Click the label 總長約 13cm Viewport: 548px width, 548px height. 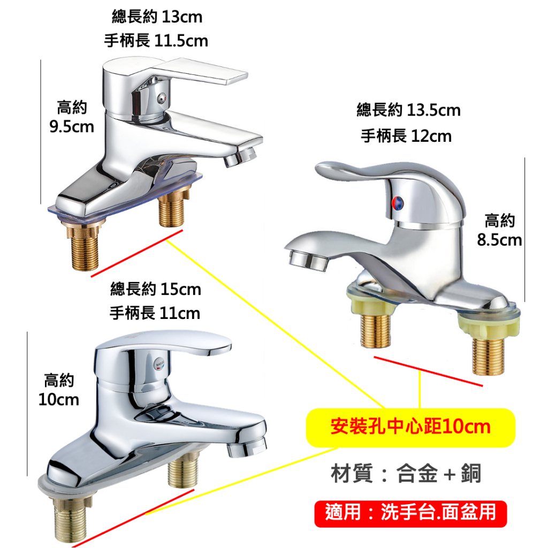point(157,17)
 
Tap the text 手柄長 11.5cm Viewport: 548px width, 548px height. point(156,41)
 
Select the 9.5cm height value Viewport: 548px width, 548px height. point(72,126)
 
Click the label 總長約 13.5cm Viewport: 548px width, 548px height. point(408,110)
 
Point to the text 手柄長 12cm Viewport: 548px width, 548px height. point(406,136)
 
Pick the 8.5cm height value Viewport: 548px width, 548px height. point(499,240)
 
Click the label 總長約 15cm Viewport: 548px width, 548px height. point(156,290)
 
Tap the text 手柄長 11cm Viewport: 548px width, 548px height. point(155,313)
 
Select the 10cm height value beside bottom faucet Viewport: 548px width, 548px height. point(59,399)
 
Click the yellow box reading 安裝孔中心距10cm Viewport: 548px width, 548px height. point(410,428)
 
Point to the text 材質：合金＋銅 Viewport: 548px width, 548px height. point(406,474)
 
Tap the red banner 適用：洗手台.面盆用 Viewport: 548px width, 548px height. point(410,513)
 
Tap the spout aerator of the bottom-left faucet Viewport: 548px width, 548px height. point(247,447)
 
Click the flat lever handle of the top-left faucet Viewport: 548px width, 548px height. point(199,71)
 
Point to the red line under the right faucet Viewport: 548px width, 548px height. point(428,371)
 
